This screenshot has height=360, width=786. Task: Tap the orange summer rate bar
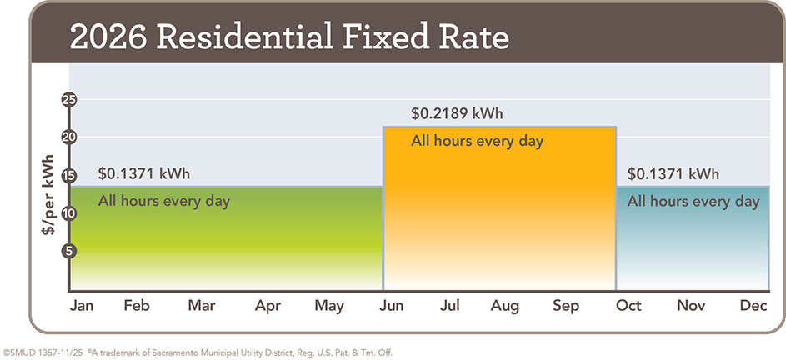click(498, 217)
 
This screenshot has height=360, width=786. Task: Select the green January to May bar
click(225, 242)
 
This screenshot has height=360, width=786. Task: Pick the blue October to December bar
click(692, 246)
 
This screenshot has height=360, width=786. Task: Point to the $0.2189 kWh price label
click(457, 113)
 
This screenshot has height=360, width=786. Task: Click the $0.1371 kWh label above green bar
click(144, 174)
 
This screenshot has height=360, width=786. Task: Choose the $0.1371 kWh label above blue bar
click(673, 174)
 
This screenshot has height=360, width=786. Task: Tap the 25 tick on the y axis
click(69, 100)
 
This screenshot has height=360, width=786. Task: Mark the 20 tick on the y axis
click(69, 137)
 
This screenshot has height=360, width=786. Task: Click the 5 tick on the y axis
click(69, 251)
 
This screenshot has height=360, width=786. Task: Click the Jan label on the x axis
click(81, 306)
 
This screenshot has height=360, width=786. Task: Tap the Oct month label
click(629, 306)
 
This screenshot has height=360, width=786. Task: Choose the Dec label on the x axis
click(753, 306)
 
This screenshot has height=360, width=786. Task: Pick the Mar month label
click(202, 306)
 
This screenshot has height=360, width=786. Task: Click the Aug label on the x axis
click(505, 306)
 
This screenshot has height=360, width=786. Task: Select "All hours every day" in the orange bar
click(477, 141)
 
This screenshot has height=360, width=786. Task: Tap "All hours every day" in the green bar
click(164, 201)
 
